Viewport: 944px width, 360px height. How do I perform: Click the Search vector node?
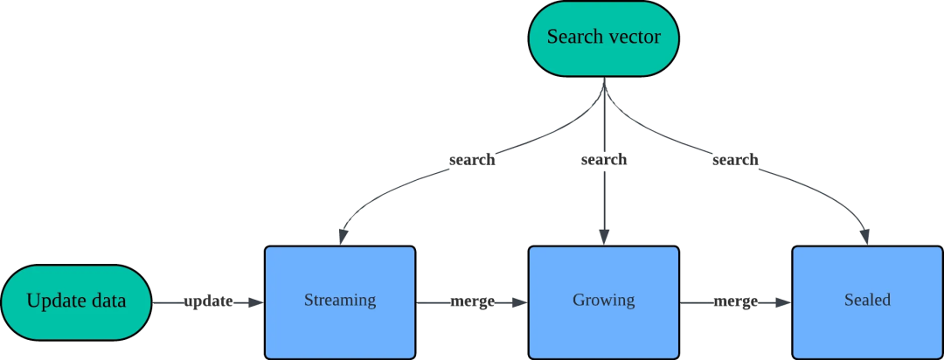click(603, 38)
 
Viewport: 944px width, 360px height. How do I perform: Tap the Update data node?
click(76, 301)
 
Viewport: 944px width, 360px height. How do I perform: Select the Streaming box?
click(339, 301)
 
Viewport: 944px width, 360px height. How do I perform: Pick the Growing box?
click(603, 301)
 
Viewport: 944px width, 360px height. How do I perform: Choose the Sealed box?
click(866, 301)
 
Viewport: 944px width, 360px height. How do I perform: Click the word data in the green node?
click(108, 301)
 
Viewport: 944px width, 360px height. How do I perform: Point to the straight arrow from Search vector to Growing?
click(604, 201)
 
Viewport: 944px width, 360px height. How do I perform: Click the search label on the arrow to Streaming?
click(471, 162)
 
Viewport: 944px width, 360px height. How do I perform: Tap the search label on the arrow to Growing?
click(603, 160)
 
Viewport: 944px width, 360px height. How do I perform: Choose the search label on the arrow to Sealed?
click(735, 162)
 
